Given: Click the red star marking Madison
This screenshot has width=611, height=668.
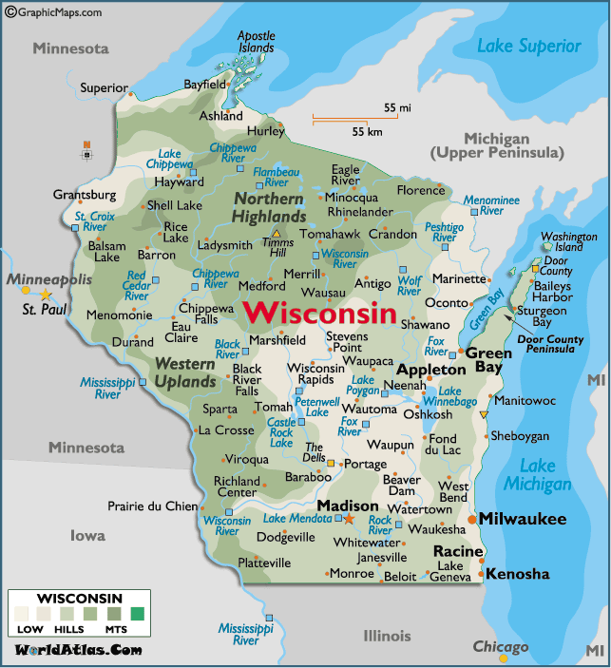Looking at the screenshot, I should [349, 519].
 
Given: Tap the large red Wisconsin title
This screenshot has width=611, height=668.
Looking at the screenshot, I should [318, 313].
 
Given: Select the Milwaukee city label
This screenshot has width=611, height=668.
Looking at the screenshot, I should [522, 519].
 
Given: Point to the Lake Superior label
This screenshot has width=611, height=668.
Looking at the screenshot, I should [528, 46].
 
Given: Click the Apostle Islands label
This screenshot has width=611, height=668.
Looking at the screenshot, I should [256, 42].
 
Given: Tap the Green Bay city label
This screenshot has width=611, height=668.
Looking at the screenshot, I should [488, 360].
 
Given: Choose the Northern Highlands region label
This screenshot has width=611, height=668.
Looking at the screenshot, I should [269, 208].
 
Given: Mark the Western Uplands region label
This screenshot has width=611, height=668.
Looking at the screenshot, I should [185, 372].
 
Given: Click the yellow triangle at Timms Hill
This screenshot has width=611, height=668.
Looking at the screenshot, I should [277, 233].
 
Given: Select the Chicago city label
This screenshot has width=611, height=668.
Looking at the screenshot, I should [501, 647].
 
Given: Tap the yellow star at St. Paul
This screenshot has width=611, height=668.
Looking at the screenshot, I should [45, 296].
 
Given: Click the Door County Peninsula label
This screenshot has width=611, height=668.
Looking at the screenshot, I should [551, 344].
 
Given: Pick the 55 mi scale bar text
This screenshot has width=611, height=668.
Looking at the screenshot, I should [397, 108].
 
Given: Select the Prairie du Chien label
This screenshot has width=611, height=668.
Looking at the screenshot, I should [153, 506].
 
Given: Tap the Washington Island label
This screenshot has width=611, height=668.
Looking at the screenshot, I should [569, 241].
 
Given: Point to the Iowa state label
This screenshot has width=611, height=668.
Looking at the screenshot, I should [87, 536].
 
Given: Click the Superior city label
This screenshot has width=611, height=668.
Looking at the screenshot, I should [104, 88].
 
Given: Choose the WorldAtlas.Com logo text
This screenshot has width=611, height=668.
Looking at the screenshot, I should [78, 650].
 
